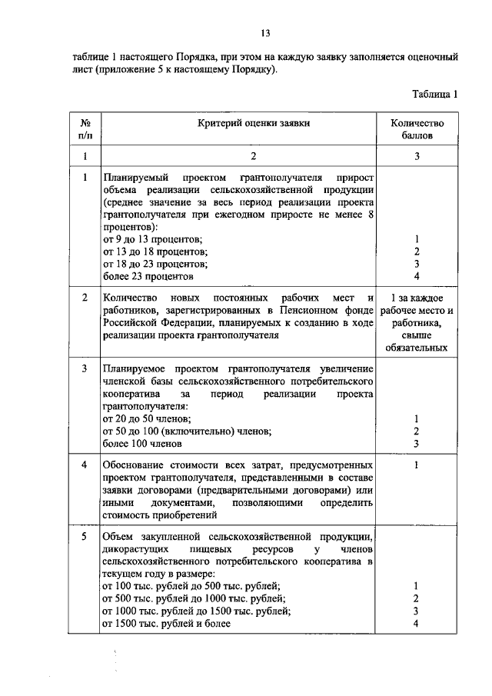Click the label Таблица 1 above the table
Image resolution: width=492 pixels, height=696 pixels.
point(434,95)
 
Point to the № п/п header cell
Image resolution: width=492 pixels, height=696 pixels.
point(85,128)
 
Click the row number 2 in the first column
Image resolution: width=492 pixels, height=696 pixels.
point(85,298)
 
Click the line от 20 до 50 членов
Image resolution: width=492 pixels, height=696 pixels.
point(146,418)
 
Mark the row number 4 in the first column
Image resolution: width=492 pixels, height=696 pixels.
point(85,466)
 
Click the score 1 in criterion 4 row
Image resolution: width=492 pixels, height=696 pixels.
point(416,466)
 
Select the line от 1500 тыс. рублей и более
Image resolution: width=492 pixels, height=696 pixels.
point(167,624)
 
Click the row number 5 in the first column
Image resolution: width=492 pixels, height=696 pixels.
point(85,536)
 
